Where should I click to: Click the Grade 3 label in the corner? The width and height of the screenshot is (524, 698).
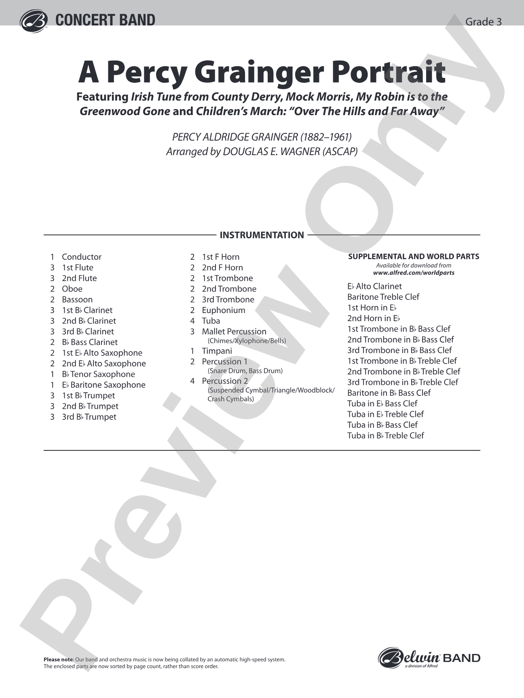(x=483, y=22)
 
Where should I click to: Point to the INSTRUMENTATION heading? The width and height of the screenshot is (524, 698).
(x=262, y=235)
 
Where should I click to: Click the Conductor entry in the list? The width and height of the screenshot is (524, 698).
(x=81, y=257)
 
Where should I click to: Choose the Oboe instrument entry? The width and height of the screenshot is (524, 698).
(x=72, y=289)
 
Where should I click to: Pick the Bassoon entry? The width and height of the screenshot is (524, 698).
(x=77, y=300)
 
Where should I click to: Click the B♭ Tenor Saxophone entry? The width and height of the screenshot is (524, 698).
(x=98, y=374)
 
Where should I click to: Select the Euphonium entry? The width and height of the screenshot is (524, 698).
(x=224, y=310)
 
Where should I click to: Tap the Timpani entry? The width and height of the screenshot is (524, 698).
(x=217, y=351)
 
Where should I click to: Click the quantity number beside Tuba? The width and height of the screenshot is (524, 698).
(x=192, y=321)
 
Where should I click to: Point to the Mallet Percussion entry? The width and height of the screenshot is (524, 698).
(x=234, y=332)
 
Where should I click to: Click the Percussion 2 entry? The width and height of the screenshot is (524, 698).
(x=225, y=381)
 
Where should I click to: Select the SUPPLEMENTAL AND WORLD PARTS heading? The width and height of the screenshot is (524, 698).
(x=414, y=256)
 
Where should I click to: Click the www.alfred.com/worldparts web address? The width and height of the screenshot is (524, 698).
(x=414, y=273)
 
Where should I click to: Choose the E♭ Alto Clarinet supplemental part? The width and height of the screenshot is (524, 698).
(x=374, y=286)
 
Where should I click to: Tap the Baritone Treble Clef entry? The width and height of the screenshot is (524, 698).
(x=383, y=297)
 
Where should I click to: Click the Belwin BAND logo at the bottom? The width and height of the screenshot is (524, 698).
(x=429, y=658)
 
